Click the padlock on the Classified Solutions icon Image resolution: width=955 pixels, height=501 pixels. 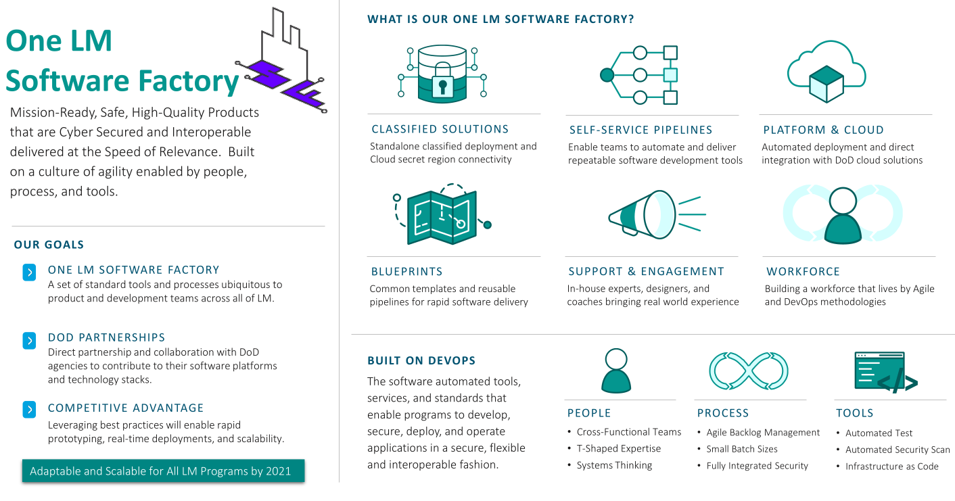[442, 83]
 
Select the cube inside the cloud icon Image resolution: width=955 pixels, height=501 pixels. [826, 84]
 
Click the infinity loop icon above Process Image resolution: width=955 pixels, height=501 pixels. [748, 371]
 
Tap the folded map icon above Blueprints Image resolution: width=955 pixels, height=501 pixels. [442, 216]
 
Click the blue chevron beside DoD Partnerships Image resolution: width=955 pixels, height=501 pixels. [29, 341]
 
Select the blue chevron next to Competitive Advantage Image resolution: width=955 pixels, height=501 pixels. [29, 410]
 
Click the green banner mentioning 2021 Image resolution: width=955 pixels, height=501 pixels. [163, 471]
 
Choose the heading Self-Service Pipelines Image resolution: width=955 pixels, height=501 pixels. [640, 130]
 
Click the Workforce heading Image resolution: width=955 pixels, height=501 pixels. [803, 272]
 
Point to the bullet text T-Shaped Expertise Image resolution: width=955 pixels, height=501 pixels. [618, 449]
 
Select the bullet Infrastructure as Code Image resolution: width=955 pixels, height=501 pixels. [891, 467]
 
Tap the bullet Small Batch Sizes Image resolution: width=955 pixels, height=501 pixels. [741, 449]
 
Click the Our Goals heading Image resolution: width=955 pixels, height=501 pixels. [49, 245]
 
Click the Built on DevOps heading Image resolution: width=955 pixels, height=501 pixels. [421, 360]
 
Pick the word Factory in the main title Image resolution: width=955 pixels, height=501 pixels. [189, 81]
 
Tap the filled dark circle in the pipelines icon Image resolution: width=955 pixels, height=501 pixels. [607, 74]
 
